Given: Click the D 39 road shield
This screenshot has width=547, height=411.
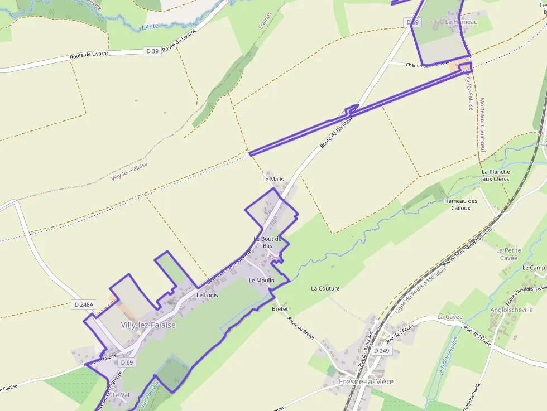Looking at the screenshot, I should click(x=152, y=51).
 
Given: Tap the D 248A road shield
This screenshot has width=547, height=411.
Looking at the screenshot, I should click(x=84, y=304).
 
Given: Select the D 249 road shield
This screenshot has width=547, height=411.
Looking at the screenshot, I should click(x=381, y=351).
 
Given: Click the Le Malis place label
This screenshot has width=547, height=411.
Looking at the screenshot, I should click(x=273, y=180).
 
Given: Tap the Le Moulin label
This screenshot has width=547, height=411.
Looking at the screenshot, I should click(x=262, y=280).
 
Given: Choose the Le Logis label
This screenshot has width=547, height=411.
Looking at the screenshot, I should click(x=207, y=295).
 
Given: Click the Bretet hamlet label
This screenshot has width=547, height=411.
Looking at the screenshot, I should click(x=280, y=308).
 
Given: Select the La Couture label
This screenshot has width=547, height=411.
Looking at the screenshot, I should click(x=325, y=288).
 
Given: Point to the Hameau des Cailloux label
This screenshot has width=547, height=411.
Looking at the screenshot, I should click(x=461, y=204).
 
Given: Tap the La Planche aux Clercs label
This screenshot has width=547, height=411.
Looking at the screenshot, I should click(x=495, y=175).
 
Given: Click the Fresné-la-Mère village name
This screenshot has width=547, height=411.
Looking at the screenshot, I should click(x=366, y=381).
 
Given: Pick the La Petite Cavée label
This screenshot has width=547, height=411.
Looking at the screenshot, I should click(x=508, y=254).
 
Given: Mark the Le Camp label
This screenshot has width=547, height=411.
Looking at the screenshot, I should click(x=533, y=268).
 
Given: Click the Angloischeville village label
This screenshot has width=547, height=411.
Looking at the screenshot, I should click(x=511, y=310).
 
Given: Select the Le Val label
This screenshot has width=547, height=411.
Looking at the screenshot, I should click(x=121, y=395).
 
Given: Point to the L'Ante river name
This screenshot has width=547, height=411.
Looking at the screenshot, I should click(x=150, y=26).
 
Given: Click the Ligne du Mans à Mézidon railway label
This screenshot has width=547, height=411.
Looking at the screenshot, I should click(x=420, y=289).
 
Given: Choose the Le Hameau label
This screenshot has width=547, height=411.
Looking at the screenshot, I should click(x=461, y=22).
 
